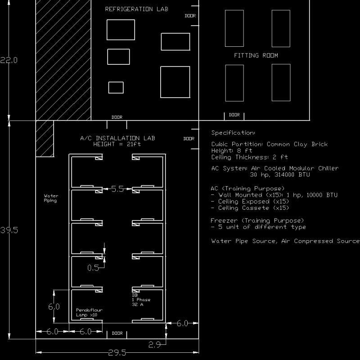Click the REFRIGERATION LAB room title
point(136,9)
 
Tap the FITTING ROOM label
point(256,55)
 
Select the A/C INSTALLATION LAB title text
point(117,138)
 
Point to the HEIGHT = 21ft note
point(117,144)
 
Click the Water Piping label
point(50,198)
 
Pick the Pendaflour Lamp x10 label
point(87,312)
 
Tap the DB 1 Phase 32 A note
point(141,300)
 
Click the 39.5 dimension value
point(9,230)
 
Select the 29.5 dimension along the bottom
point(117,353)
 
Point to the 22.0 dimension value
point(9,60)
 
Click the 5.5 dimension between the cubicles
point(117,189)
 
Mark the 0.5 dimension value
point(93,268)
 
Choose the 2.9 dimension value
point(154,345)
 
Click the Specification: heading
point(233,133)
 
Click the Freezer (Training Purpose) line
point(257,220)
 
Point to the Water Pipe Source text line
point(243,241)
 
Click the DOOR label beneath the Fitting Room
point(234,115)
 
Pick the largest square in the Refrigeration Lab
point(175,82)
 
